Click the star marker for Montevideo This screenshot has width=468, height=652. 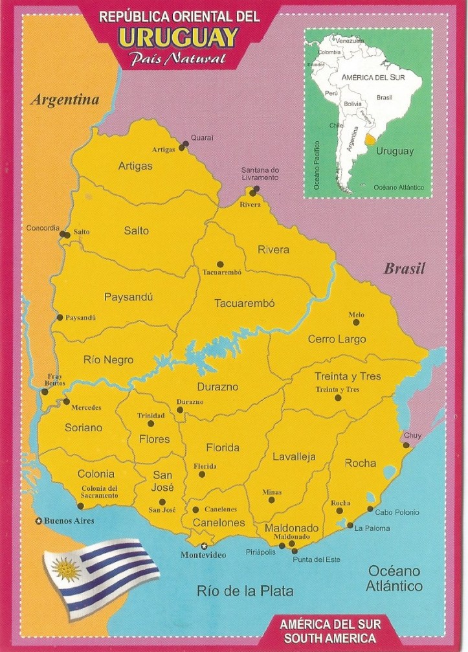[205, 545]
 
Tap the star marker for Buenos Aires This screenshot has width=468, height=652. [39, 521]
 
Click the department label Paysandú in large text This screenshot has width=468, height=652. [128, 297]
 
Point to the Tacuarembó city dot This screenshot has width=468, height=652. [220, 264]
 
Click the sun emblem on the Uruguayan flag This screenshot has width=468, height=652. [65, 570]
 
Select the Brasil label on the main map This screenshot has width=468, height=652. [404, 269]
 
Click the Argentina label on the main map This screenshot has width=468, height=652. [65, 100]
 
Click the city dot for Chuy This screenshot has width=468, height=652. [407, 445]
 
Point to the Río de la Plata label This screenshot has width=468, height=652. [245, 590]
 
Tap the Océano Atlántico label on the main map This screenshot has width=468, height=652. [395, 578]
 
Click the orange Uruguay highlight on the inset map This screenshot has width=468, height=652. [370, 138]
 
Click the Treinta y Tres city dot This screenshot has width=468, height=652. [337, 398]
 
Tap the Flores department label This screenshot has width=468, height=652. [154, 439]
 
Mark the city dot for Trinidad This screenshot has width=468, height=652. [151, 423]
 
